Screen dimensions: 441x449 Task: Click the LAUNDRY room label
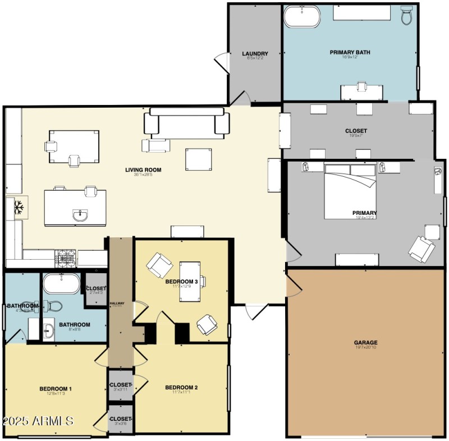[255, 54]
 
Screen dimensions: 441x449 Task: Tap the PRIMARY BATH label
[350, 53]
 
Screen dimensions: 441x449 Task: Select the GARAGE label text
[365, 342]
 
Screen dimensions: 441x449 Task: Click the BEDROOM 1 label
[56, 389]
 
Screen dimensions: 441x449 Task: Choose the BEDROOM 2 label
[181, 388]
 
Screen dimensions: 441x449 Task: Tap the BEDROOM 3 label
[181, 281]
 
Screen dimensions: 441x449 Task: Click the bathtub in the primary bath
[302, 17]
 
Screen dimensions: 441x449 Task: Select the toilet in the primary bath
[407, 16]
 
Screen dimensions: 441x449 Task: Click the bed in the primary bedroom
[350, 191]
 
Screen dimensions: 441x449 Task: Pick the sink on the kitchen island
[81, 214]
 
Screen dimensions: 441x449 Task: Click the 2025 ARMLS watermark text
[38, 420]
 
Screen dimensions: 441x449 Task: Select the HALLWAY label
[117, 304]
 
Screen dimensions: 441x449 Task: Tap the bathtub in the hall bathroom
[62, 284]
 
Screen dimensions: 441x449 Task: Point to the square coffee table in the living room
[199, 159]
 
